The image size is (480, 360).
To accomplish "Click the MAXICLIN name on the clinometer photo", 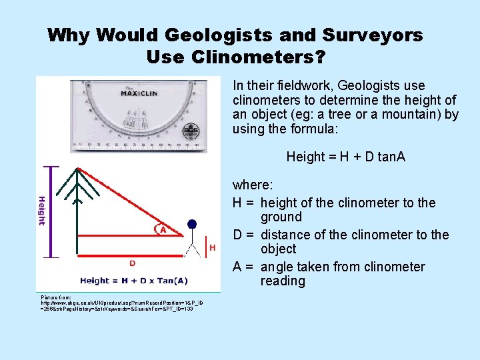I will (x=139, y=93).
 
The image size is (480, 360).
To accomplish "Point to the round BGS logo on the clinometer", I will (x=191, y=131).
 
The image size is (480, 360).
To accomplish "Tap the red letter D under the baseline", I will (x=133, y=263).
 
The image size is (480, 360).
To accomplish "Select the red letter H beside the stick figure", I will (x=213, y=248).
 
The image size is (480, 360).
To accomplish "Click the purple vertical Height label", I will (x=42, y=211).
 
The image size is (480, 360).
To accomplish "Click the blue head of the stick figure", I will (x=192, y=224).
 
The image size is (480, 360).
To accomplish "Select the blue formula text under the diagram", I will (x=133, y=281).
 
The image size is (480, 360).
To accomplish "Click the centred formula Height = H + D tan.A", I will (x=345, y=157).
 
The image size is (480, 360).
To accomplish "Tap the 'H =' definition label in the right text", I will (x=244, y=203).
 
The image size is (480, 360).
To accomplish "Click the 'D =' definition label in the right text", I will (x=244, y=235).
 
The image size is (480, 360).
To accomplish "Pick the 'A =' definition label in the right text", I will (x=244, y=267).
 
